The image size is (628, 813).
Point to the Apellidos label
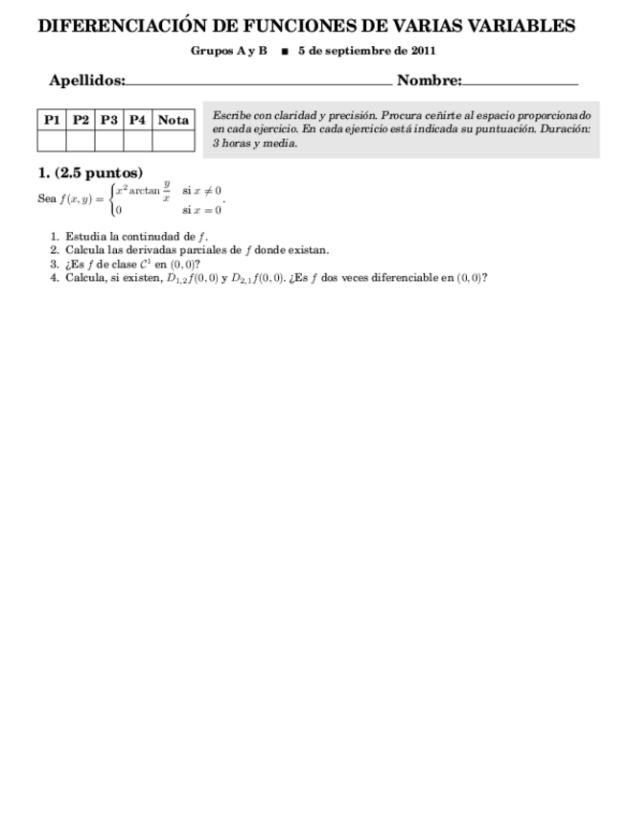tap(86, 82)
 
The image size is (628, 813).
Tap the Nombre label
tap(429, 82)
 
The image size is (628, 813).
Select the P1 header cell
tap(52, 120)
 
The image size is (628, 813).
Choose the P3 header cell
tap(109, 120)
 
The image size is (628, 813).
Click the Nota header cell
tap(174, 120)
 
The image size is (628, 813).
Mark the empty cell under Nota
tap(174, 141)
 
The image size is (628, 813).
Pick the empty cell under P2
tap(81, 141)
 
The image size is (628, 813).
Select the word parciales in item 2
tap(210, 250)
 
